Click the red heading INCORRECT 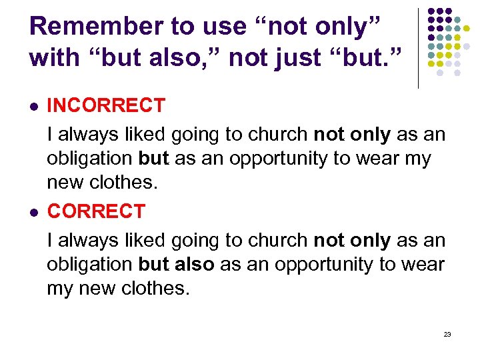pos(106,105)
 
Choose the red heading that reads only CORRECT pos(96,211)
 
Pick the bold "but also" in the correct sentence pos(176,264)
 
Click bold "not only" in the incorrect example pos(352,134)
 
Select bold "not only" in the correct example pos(352,240)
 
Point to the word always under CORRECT pos(91,240)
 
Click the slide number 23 pos(447,334)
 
